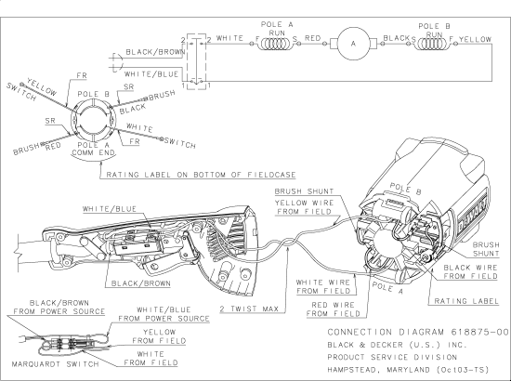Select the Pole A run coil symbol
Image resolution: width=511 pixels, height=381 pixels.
click(276, 42)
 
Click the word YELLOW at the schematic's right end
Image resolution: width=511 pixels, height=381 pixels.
click(476, 40)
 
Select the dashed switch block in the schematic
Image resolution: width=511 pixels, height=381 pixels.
click(194, 59)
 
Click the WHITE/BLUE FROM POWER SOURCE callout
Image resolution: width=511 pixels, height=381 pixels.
click(166, 315)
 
